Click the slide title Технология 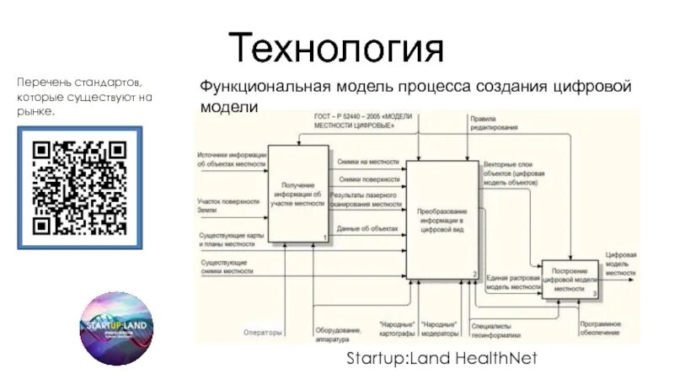336,47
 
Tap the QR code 81,186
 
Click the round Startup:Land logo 117,329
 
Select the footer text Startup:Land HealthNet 441,359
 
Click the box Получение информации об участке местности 297,195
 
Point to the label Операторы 262,333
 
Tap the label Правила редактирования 494,123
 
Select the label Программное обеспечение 600,328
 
